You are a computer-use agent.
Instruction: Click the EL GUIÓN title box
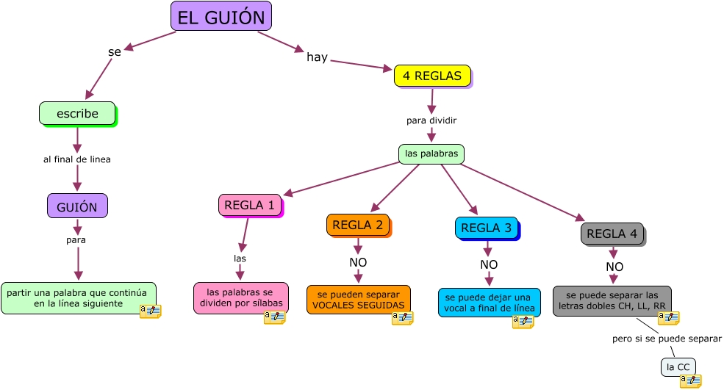[x=221, y=16]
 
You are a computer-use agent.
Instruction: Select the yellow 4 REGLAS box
[x=432, y=76]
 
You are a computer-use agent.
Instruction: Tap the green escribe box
[x=77, y=113]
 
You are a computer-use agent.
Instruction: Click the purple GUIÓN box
[x=77, y=206]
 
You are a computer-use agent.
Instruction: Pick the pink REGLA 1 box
[x=250, y=205]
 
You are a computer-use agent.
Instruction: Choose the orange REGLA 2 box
[x=357, y=225]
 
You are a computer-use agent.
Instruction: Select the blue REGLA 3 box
[x=486, y=228]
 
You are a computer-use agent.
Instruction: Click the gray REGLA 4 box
[x=612, y=234]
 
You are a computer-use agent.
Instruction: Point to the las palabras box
[x=431, y=154]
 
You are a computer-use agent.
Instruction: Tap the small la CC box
[x=678, y=366]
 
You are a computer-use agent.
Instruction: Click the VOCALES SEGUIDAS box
[x=358, y=299]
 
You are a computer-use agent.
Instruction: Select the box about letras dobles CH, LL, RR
[x=612, y=300]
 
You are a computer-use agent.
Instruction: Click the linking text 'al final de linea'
[x=77, y=159]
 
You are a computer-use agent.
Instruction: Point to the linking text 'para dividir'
[x=431, y=120]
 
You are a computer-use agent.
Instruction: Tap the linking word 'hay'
[x=317, y=57]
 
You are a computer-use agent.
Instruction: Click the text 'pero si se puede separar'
[x=667, y=339]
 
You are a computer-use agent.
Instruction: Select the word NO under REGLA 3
[x=489, y=264]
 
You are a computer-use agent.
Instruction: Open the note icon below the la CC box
[x=690, y=380]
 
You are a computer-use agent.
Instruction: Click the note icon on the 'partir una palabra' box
[x=150, y=311]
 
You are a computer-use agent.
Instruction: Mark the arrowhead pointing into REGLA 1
[x=287, y=194]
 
